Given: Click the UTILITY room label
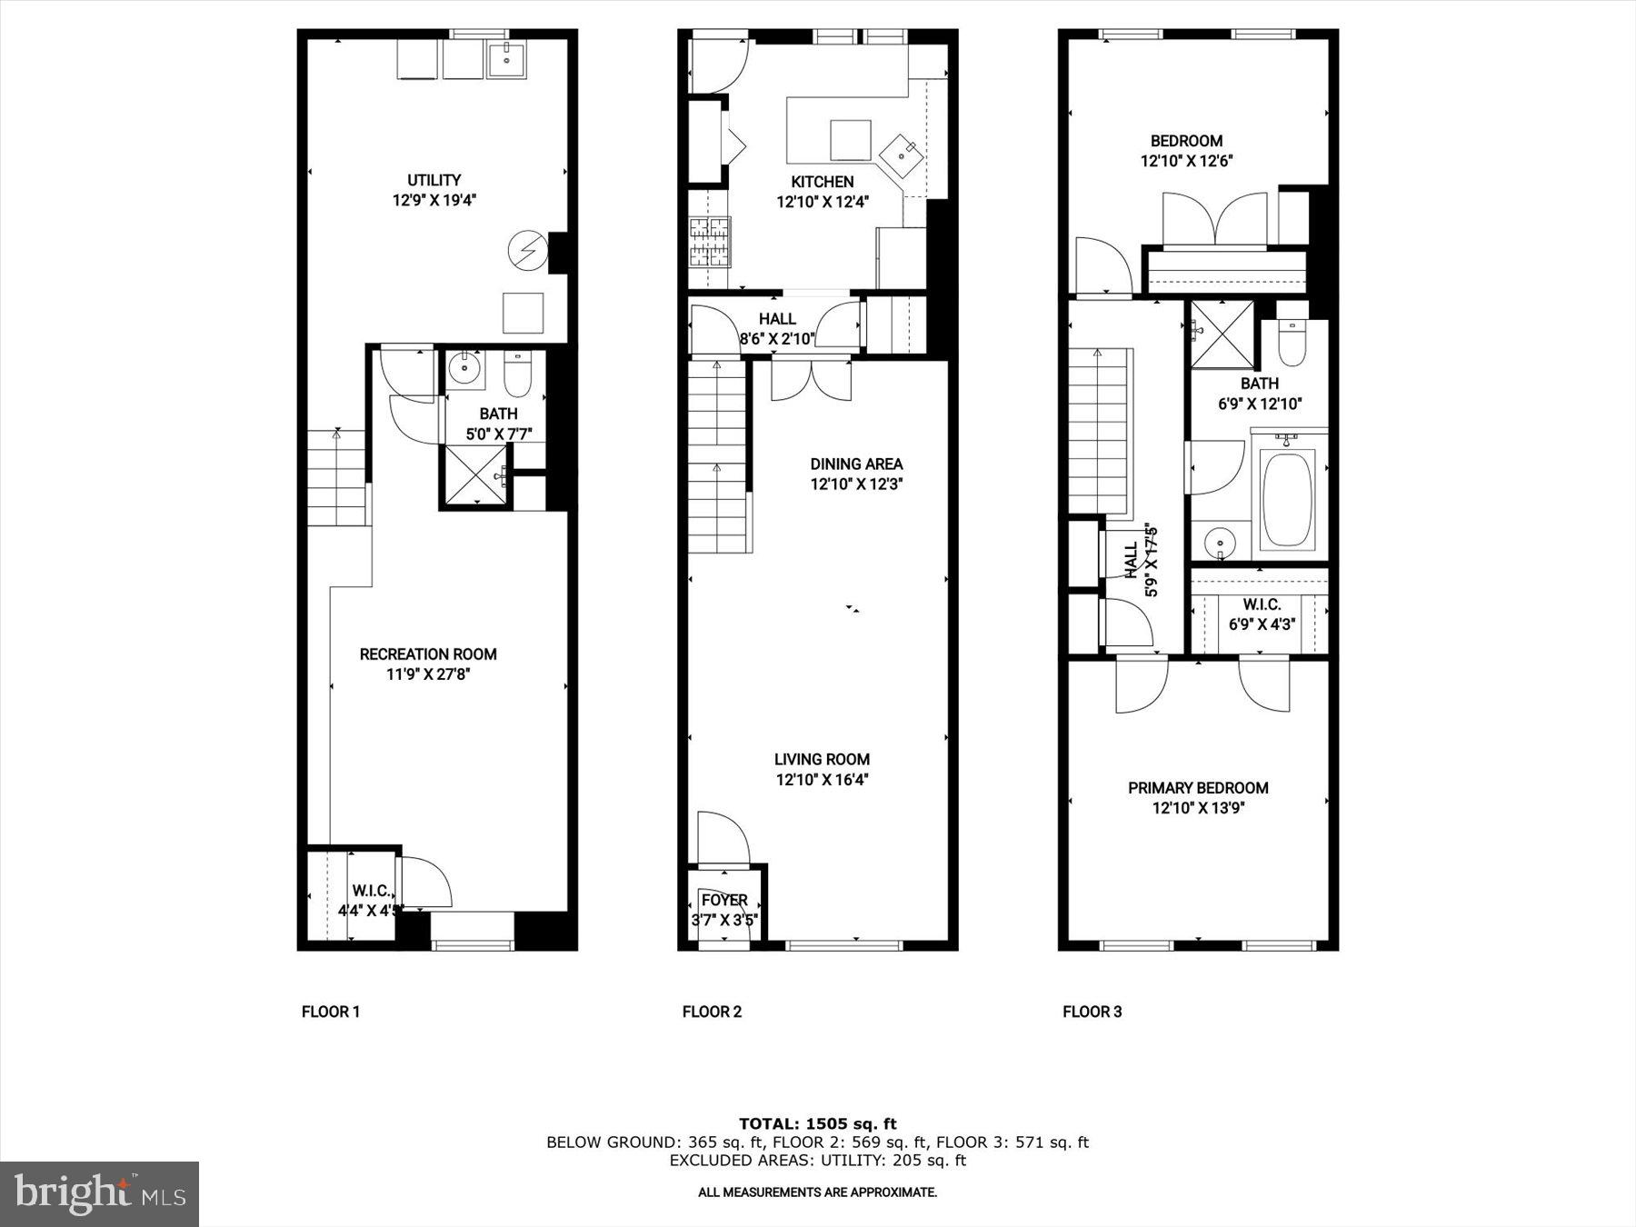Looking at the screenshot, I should click(434, 180).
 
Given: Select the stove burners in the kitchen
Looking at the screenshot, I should click(710, 242).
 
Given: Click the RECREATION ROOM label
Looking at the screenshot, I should click(428, 654).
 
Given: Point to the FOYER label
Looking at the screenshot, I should click(724, 900).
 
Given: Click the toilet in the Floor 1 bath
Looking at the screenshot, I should click(517, 376).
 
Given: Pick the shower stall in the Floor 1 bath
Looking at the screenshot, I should click(475, 475).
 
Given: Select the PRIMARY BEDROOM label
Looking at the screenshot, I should click(1198, 788).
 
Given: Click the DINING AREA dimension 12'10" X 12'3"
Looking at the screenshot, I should click(856, 484).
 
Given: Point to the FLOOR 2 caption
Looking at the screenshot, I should click(712, 1012).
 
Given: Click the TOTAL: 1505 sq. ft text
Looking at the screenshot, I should click(817, 1124).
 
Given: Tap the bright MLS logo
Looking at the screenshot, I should click(100, 1193).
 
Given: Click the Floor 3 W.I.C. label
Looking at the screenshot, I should click(1262, 604).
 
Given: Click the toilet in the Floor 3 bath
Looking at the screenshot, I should click(1291, 341).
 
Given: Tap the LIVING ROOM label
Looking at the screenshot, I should click(822, 759).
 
